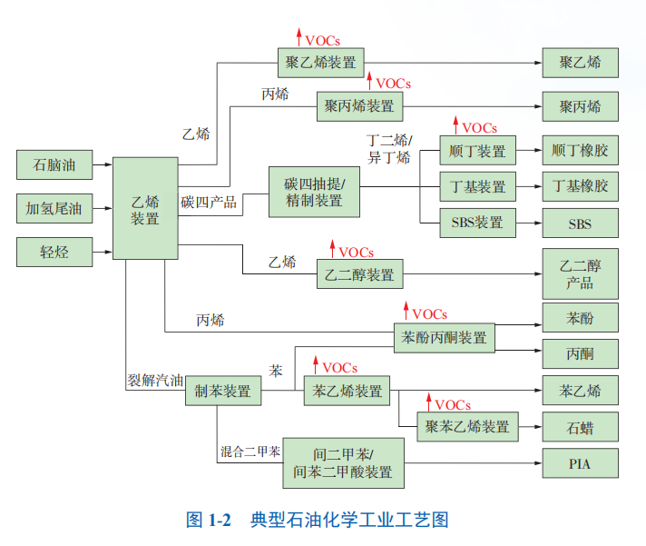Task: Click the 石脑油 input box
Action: click(54, 165)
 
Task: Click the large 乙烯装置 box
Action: click(145, 208)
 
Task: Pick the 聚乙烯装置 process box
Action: click(320, 63)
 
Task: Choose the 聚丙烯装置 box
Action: click(359, 106)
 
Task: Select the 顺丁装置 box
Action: click(477, 151)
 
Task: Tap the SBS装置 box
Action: click(477, 222)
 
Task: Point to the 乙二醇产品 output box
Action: click(580, 273)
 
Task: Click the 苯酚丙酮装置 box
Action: click(444, 339)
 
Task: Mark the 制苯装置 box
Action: click(223, 392)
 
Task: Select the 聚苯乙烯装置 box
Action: click(468, 426)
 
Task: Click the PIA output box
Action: click(580, 464)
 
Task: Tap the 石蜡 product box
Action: click(580, 425)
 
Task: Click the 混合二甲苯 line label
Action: click(250, 451)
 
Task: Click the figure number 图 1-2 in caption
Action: click(209, 521)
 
